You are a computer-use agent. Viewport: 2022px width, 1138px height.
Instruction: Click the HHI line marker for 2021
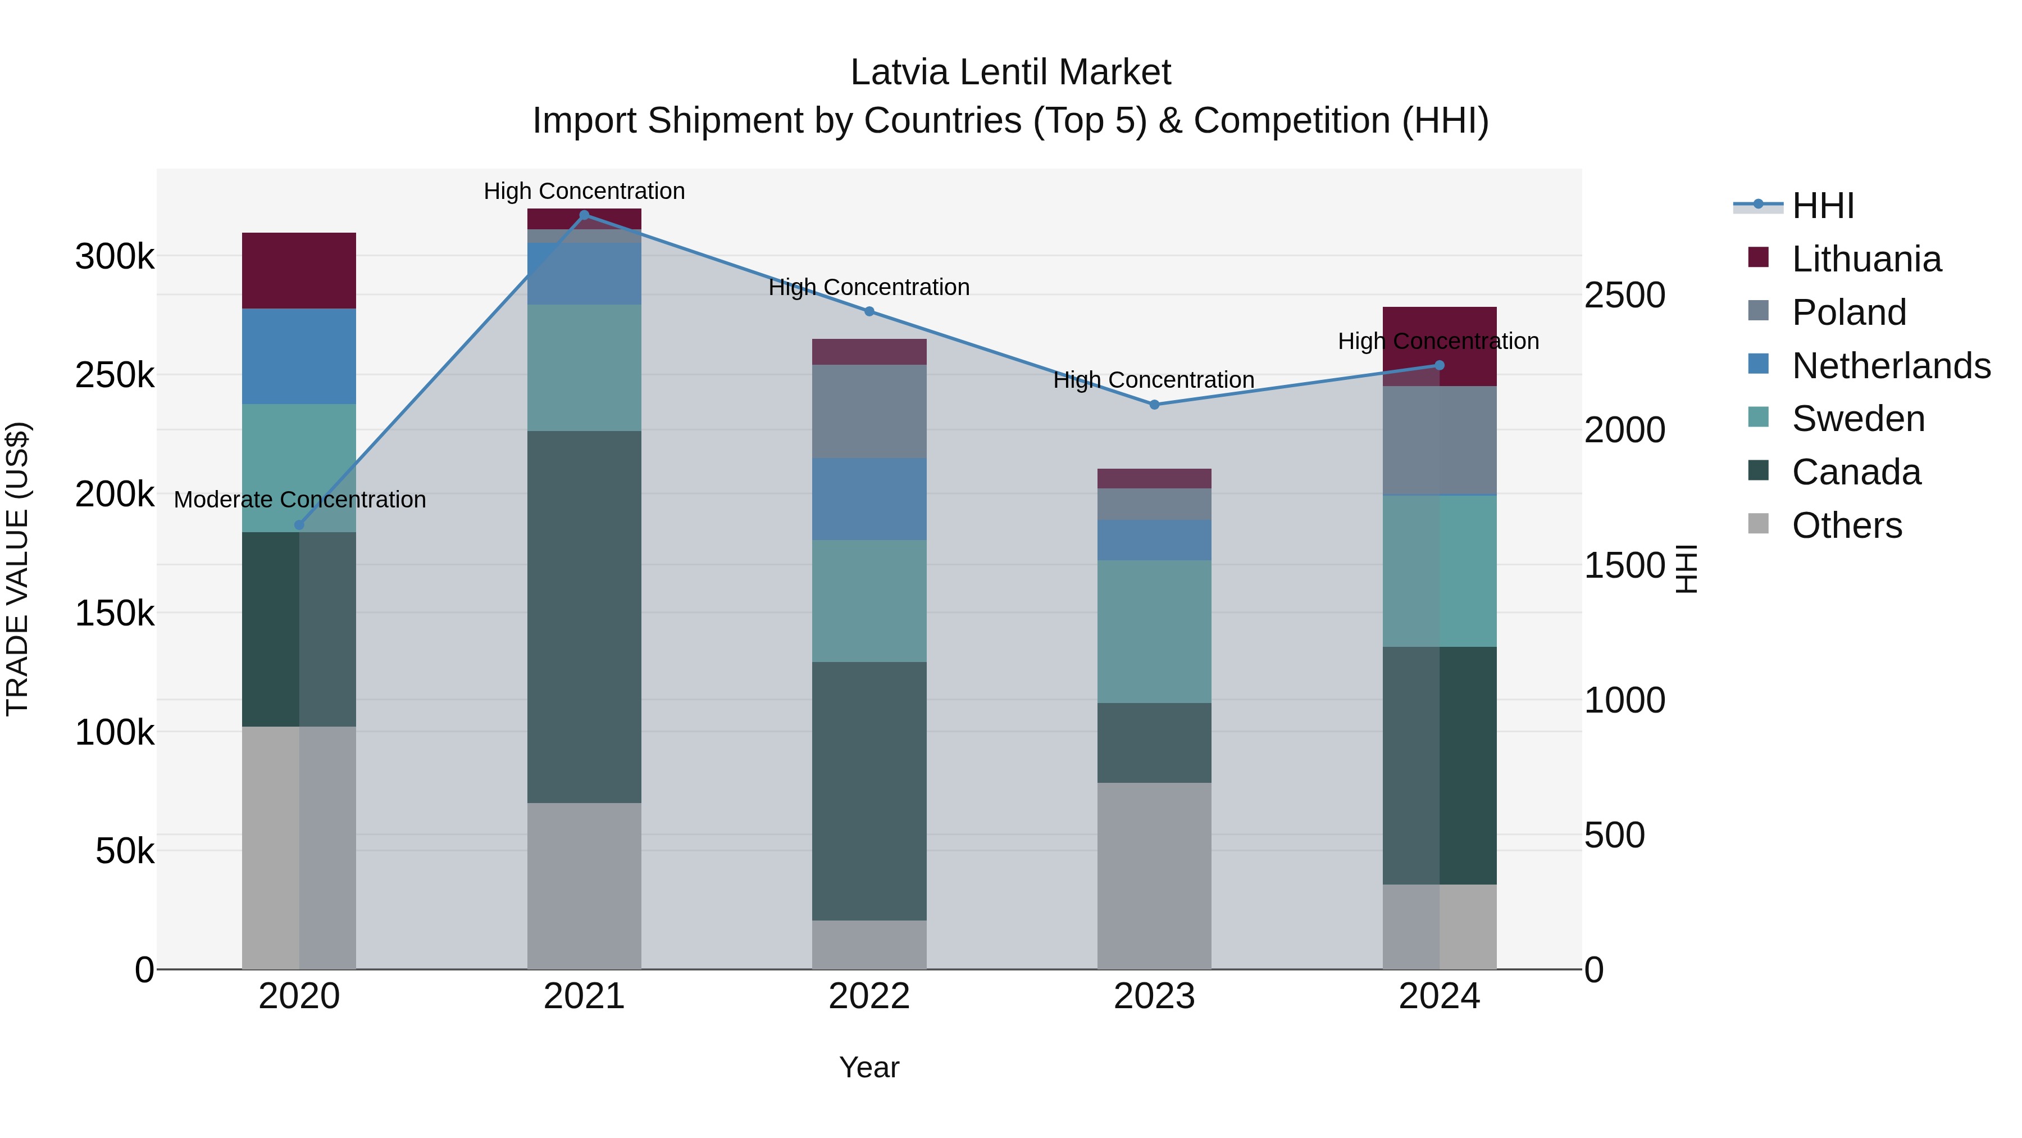tap(584, 215)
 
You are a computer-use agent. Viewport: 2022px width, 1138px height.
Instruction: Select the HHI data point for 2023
tap(1154, 405)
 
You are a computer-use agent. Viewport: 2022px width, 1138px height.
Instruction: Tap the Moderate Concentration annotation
tap(300, 500)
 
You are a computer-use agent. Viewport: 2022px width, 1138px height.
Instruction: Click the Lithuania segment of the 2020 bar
tap(299, 270)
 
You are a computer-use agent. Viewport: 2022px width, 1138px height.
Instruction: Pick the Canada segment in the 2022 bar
tap(869, 790)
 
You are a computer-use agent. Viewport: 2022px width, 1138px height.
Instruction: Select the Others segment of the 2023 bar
tap(1154, 875)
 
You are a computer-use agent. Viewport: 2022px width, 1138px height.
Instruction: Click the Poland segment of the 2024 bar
tap(1439, 440)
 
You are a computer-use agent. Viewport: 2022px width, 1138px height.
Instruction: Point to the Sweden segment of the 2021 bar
tap(584, 368)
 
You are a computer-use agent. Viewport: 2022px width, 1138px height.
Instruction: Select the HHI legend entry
tap(1823, 206)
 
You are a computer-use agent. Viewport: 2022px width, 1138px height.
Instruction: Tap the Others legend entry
tap(1846, 525)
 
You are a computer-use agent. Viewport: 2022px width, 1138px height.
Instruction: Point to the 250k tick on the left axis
tap(115, 375)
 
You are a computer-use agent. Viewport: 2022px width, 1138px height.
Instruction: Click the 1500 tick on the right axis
tap(1624, 565)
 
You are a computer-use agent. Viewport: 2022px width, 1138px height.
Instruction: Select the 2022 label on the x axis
tap(869, 996)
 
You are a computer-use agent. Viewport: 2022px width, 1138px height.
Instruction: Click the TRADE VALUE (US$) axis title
tap(18, 569)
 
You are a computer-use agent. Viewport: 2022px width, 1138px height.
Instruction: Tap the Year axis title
tap(869, 1067)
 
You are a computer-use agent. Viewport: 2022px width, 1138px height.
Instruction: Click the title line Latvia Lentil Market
tap(1010, 72)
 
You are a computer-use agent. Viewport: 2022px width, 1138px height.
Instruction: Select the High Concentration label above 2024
tap(1438, 341)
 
